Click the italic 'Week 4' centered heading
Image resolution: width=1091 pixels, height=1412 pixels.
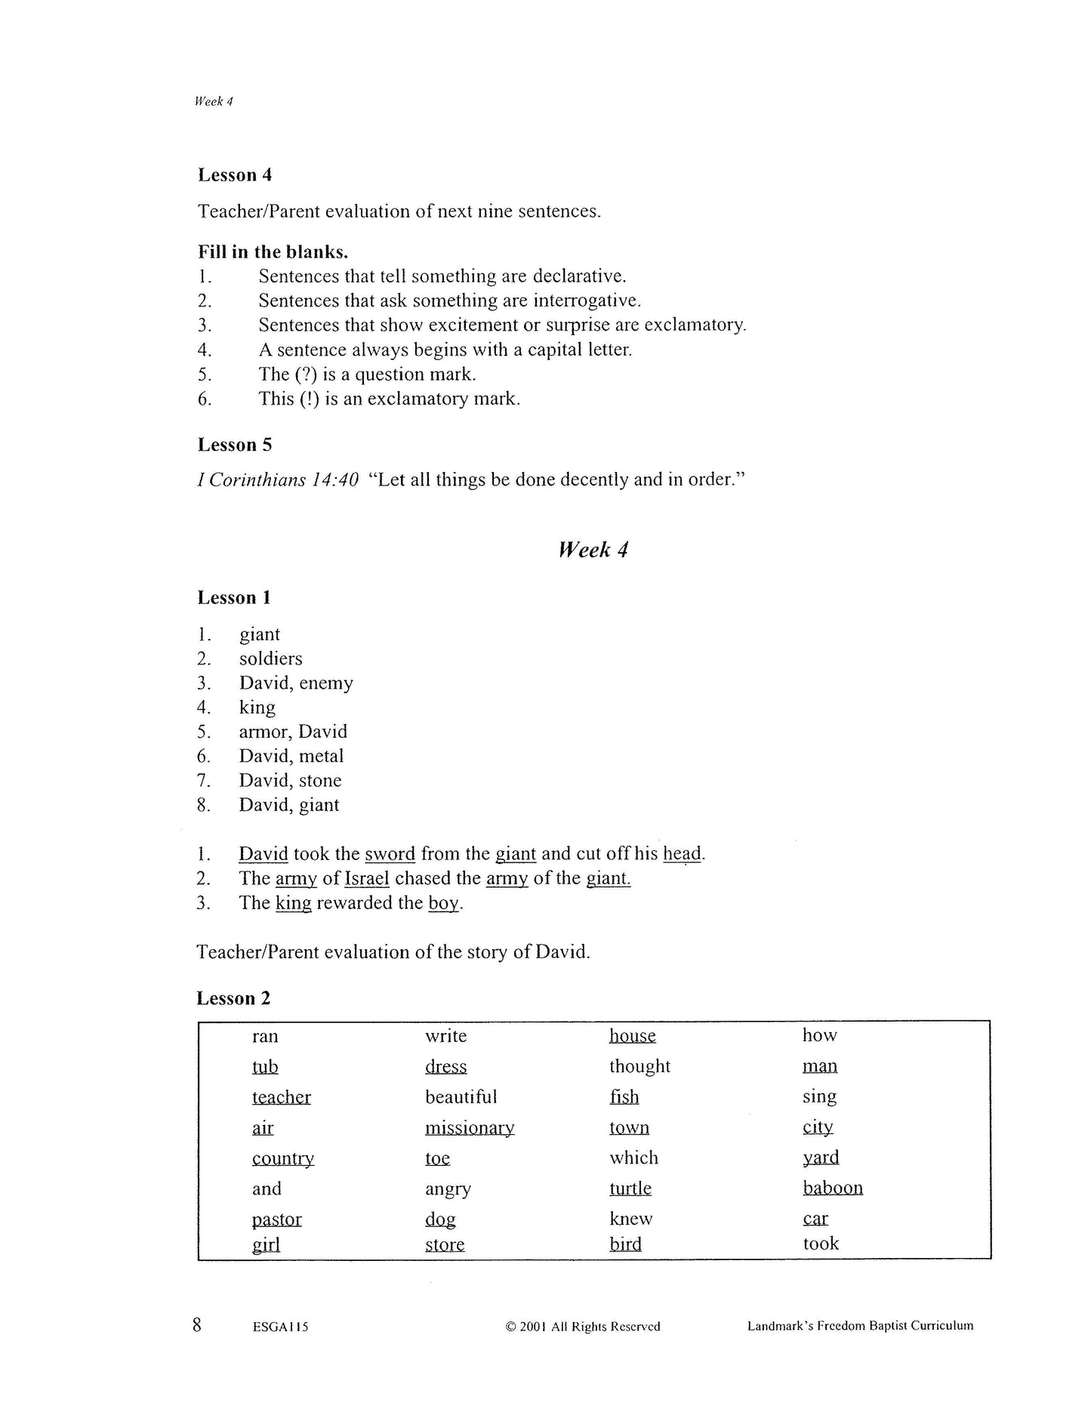(x=593, y=550)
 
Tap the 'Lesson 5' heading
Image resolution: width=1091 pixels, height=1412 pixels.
(x=234, y=445)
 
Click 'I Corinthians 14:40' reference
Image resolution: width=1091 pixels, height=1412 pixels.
(x=278, y=480)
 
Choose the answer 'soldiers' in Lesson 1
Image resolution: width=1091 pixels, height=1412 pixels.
(x=270, y=658)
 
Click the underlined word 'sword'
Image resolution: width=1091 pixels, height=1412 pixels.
(x=390, y=854)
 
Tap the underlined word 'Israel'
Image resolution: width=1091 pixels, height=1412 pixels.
(x=366, y=878)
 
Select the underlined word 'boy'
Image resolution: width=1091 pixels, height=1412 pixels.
(x=443, y=903)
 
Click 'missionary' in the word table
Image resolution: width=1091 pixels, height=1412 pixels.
(x=469, y=1128)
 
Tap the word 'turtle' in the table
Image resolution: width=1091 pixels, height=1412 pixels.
(x=630, y=1188)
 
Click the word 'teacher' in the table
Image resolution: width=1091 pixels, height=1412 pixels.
(x=281, y=1097)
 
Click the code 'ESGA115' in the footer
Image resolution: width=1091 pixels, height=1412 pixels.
(x=281, y=1327)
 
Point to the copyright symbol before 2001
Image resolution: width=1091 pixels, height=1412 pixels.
(x=510, y=1327)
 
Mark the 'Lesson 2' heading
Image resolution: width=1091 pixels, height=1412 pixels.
(x=233, y=998)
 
